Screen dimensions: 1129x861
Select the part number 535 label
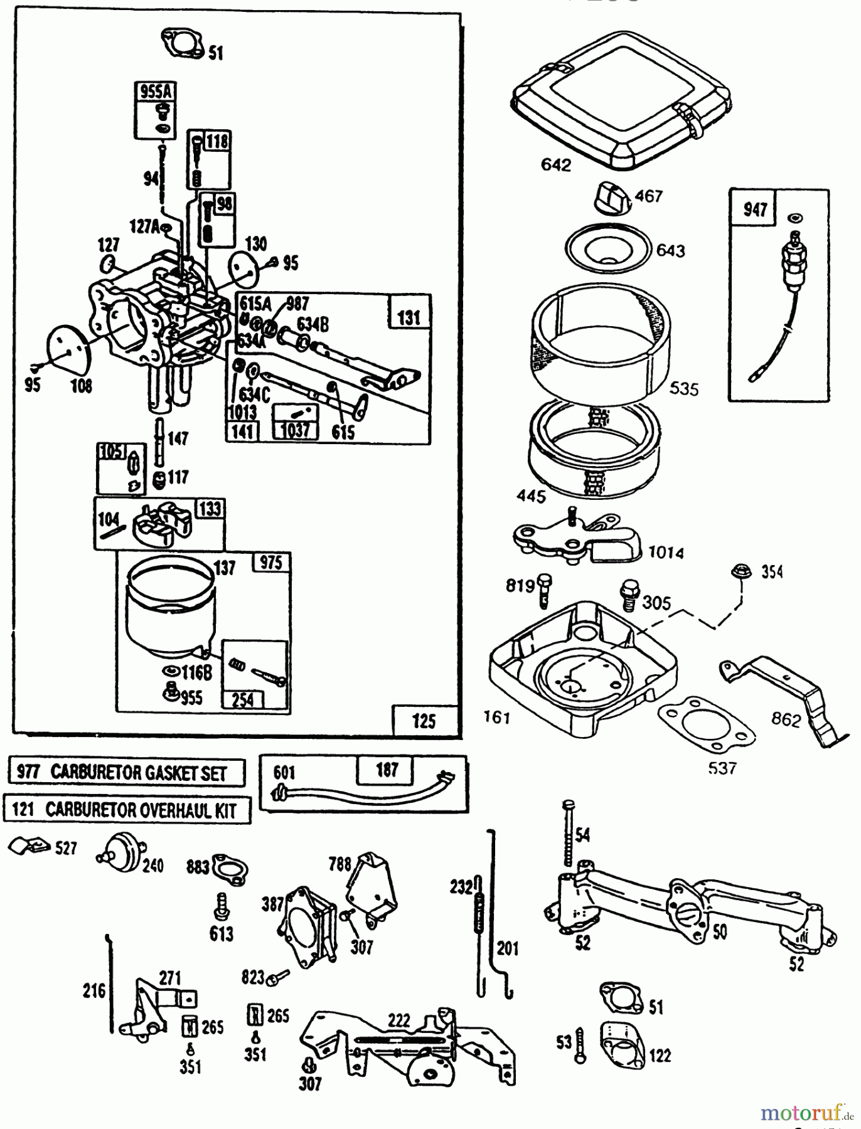click(683, 389)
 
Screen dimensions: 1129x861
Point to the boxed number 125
click(424, 720)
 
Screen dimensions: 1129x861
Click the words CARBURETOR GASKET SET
click(138, 773)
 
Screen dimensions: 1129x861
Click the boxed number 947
click(755, 208)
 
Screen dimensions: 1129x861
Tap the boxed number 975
click(270, 562)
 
